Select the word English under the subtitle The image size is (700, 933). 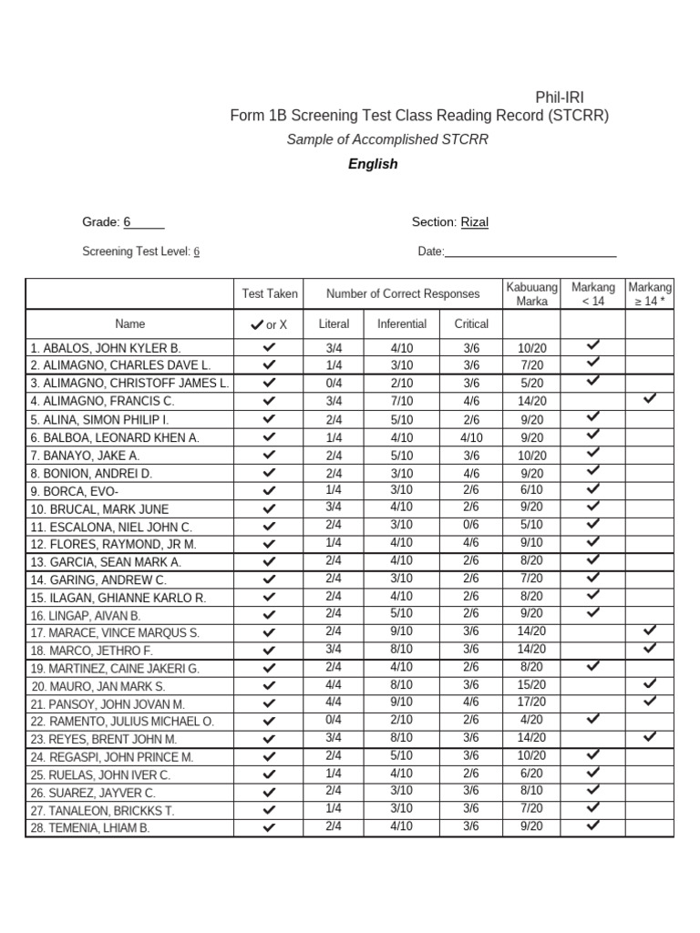click(373, 164)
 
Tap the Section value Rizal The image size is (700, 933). click(474, 222)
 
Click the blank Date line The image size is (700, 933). click(530, 252)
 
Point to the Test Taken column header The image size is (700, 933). click(269, 293)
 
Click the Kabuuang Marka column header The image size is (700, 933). click(531, 293)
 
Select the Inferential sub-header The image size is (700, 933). click(401, 323)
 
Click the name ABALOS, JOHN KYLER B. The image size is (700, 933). click(106, 348)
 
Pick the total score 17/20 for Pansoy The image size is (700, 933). click(531, 702)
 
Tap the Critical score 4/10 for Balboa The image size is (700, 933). click(470, 437)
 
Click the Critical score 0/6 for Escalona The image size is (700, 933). click(470, 526)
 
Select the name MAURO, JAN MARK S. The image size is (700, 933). click(99, 686)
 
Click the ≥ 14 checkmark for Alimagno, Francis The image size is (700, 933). click(649, 398)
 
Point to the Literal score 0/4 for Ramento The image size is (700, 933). click(334, 721)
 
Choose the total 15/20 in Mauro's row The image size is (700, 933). click(531, 685)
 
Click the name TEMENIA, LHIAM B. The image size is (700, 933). click(90, 828)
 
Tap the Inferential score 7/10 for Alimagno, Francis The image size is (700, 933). click(401, 401)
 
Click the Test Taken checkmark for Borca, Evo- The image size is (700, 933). click(269, 490)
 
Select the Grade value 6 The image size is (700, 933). click(128, 222)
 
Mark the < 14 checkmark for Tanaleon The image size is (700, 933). click(592, 807)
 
